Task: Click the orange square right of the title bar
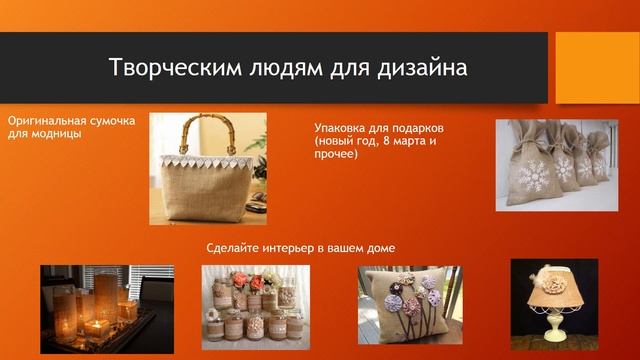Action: point(597,68)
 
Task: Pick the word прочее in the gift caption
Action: point(336,155)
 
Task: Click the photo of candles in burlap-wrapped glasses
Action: point(106,307)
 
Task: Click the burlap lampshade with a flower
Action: point(553,284)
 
